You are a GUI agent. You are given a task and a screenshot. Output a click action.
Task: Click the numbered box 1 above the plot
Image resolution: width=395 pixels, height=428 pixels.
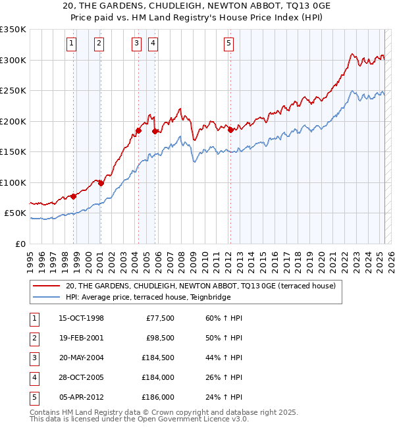71,44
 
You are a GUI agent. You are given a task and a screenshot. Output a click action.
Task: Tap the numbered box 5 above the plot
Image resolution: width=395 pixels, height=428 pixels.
228,44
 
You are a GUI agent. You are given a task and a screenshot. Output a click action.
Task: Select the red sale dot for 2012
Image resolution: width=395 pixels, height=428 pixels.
230,130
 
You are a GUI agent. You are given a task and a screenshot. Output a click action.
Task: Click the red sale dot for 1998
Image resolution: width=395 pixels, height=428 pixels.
74,196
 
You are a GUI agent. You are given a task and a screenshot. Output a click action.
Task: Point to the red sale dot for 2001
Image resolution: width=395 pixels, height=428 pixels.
101,184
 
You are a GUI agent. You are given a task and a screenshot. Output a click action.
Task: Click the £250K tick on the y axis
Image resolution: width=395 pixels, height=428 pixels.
13,90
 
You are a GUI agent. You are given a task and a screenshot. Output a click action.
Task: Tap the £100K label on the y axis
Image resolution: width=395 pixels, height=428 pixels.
13,182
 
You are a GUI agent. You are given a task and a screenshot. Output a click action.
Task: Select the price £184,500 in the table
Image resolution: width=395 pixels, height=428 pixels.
157,358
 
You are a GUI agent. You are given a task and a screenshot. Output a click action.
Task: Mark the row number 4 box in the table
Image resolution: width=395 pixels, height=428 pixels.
34,378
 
